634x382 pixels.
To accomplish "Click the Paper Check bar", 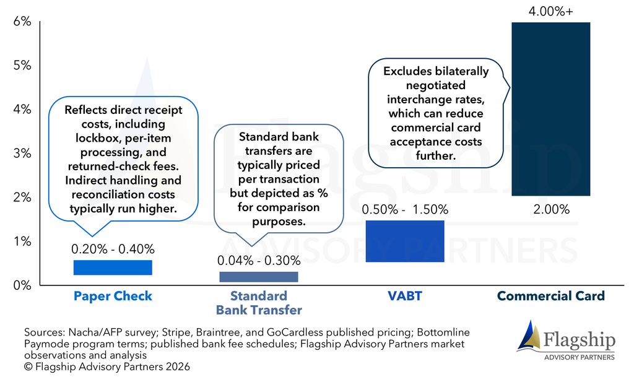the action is [x=113, y=267].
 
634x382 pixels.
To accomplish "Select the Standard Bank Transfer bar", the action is [x=259, y=277].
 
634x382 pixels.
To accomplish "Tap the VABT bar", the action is [x=405, y=241].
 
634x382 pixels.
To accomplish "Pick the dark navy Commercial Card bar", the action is [x=550, y=109].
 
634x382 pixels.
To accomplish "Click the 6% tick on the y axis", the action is [x=22, y=22].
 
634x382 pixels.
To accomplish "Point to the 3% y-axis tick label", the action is [x=22, y=153].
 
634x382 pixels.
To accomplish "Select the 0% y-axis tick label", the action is [x=22, y=285].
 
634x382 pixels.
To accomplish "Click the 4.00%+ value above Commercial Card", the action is [x=550, y=11].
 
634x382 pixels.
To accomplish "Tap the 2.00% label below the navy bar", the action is [x=551, y=209].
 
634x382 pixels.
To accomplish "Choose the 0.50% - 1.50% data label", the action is [x=405, y=209].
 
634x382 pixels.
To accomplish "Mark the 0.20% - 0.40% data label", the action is [x=113, y=249].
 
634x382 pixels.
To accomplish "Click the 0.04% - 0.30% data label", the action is [x=259, y=261].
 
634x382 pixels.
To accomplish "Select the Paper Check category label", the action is [x=113, y=296].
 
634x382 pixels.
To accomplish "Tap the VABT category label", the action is [x=405, y=296].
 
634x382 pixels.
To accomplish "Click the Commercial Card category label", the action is [x=550, y=296].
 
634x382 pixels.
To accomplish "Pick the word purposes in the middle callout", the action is [x=279, y=222].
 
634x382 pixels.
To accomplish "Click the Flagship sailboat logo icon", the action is [x=529, y=336].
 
